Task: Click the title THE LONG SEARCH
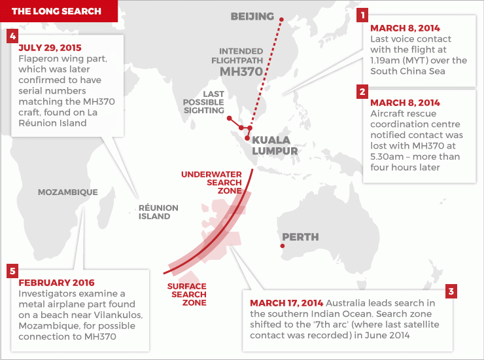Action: click(x=57, y=11)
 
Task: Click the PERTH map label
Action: click(x=300, y=236)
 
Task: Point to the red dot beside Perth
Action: click(x=282, y=246)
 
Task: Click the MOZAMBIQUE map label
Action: click(x=68, y=192)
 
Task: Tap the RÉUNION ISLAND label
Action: click(x=158, y=211)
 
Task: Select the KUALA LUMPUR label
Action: click(x=275, y=145)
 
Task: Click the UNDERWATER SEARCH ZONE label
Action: click(x=211, y=182)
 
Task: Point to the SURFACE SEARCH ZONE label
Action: click(x=186, y=295)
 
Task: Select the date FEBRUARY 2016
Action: click(x=56, y=283)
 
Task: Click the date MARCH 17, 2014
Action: click(x=286, y=303)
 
